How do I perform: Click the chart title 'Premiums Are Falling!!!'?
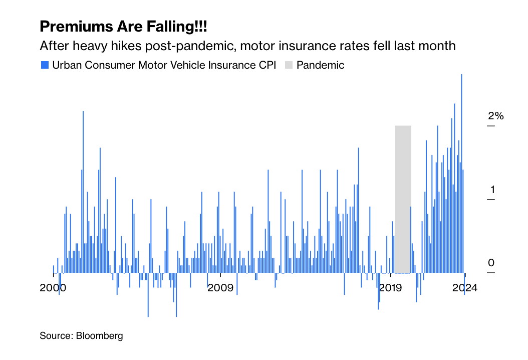tap(123, 26)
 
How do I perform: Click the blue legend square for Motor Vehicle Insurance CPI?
tap(45, 65)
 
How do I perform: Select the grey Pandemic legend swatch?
tap(289, 65)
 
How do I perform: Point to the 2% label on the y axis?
tap(495, 116)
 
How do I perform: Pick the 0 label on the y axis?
tap(491, 263)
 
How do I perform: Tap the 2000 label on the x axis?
tap(53, 288)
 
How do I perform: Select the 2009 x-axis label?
tap(220, 288)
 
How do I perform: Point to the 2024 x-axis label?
tap(465, 288)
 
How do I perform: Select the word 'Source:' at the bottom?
tap(56, 336)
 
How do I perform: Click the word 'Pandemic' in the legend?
tap(321, 65)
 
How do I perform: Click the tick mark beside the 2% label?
tap(491, 126)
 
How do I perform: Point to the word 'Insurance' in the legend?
tap(217, 65)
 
